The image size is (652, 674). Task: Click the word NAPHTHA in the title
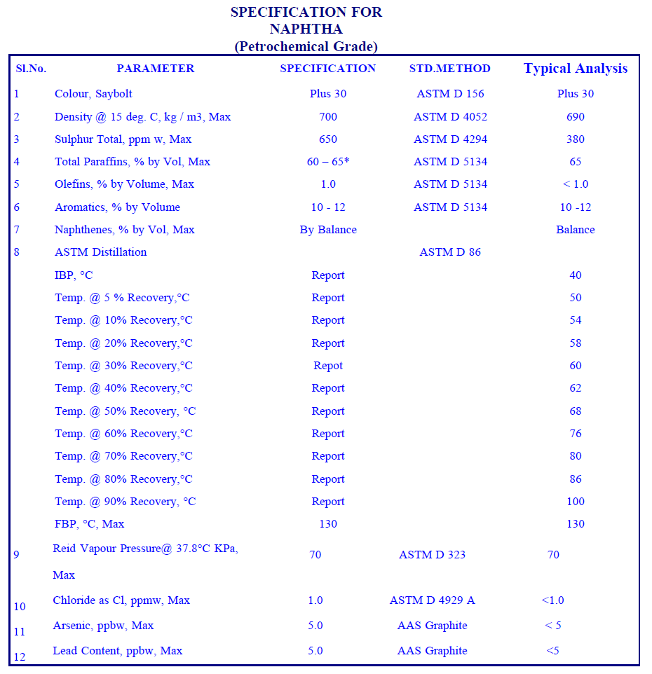click(306, 29)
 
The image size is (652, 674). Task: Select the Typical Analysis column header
click(576, 69)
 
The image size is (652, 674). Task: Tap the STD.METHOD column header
click(450, 69)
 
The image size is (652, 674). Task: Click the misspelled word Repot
click(328, 366)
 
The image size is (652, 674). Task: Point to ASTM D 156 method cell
click(450, 94)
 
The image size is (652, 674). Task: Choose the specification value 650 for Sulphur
click(328, 139)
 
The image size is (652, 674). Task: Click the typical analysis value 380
click(576, 139)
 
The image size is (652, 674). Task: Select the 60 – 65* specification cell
click(328, 162)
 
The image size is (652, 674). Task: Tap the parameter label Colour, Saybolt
click(93, 94)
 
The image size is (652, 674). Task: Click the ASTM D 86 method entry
click(450, 252)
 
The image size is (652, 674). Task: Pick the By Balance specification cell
click(328, 230)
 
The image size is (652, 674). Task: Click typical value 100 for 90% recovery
click(576, 502)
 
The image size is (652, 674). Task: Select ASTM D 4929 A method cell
click(433, 600)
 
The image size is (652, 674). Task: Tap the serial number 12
click(19, 657)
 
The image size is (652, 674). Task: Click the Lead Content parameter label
click(117, 651)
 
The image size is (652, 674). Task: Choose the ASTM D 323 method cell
click(433, 555)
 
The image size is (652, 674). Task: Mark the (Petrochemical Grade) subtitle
click(306, 47)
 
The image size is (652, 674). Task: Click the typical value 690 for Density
click(576, 117)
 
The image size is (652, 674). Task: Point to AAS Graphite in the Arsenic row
click(433, 626)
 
